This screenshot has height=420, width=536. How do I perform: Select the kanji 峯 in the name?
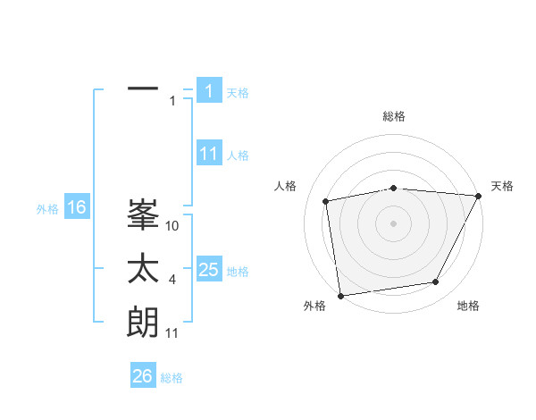tap(143, 215)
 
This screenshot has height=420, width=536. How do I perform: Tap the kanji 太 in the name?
tap(143, 269)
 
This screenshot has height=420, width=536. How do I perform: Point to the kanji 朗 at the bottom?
tap(143, 323)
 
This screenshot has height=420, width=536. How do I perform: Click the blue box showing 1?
tap(209, 90)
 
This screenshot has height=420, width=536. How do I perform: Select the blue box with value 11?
tap(209, 154)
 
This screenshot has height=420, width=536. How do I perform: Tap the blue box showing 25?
tap(209, 270)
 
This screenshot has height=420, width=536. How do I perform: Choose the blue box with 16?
tap(76, 208)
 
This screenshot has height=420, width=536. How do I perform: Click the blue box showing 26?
tap(143, 376)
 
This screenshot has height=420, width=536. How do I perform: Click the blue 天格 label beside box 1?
tap(238, 92)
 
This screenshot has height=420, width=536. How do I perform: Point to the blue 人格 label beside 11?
tap(238, 155)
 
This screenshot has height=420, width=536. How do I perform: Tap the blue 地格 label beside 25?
tap(238, 272)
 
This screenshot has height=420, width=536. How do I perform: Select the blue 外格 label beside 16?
tap(47, 210)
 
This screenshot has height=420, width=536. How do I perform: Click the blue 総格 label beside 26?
tap(172, 378)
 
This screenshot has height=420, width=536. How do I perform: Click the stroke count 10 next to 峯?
tap(173, 226)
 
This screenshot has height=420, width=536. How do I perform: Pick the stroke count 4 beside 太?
tap(172, 281)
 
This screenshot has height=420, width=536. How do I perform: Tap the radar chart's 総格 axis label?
tap(393, 116)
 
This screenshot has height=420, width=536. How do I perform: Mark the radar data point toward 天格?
tap(478, 196)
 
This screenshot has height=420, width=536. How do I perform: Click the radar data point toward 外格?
tap(340, 295)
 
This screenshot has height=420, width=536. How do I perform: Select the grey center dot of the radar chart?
tap(393, 223)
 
